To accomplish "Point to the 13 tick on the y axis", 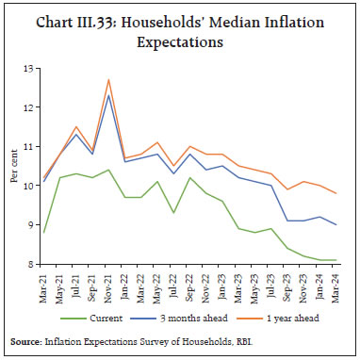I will tap(28, 69).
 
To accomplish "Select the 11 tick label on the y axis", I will tap(28, 147).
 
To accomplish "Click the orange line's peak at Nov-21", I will tap(109, 80).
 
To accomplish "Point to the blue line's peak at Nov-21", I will tap(109, 96).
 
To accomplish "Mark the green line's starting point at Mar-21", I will tap(43, 233).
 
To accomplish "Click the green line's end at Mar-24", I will tap(336, 260).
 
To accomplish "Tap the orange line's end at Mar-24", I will tap(336, 193).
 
